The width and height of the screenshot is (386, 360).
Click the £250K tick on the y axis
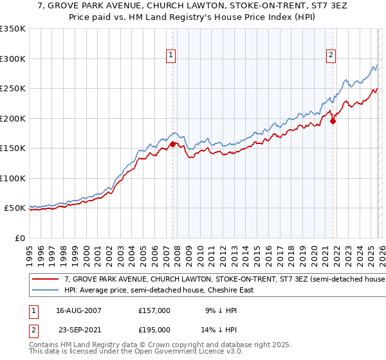pos(13,89)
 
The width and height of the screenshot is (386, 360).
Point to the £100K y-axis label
pos(13,178)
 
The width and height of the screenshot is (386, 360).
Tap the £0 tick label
pos(19,239)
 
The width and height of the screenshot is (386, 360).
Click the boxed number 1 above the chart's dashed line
pos(171,56)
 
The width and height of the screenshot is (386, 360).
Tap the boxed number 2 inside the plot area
pos(331,56)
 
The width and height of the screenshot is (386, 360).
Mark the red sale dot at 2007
pos(173,144)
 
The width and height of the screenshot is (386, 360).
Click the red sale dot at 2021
pos(333,121)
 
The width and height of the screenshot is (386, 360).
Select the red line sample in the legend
pos(46,280)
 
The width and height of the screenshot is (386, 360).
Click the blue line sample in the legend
pos(46,291)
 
